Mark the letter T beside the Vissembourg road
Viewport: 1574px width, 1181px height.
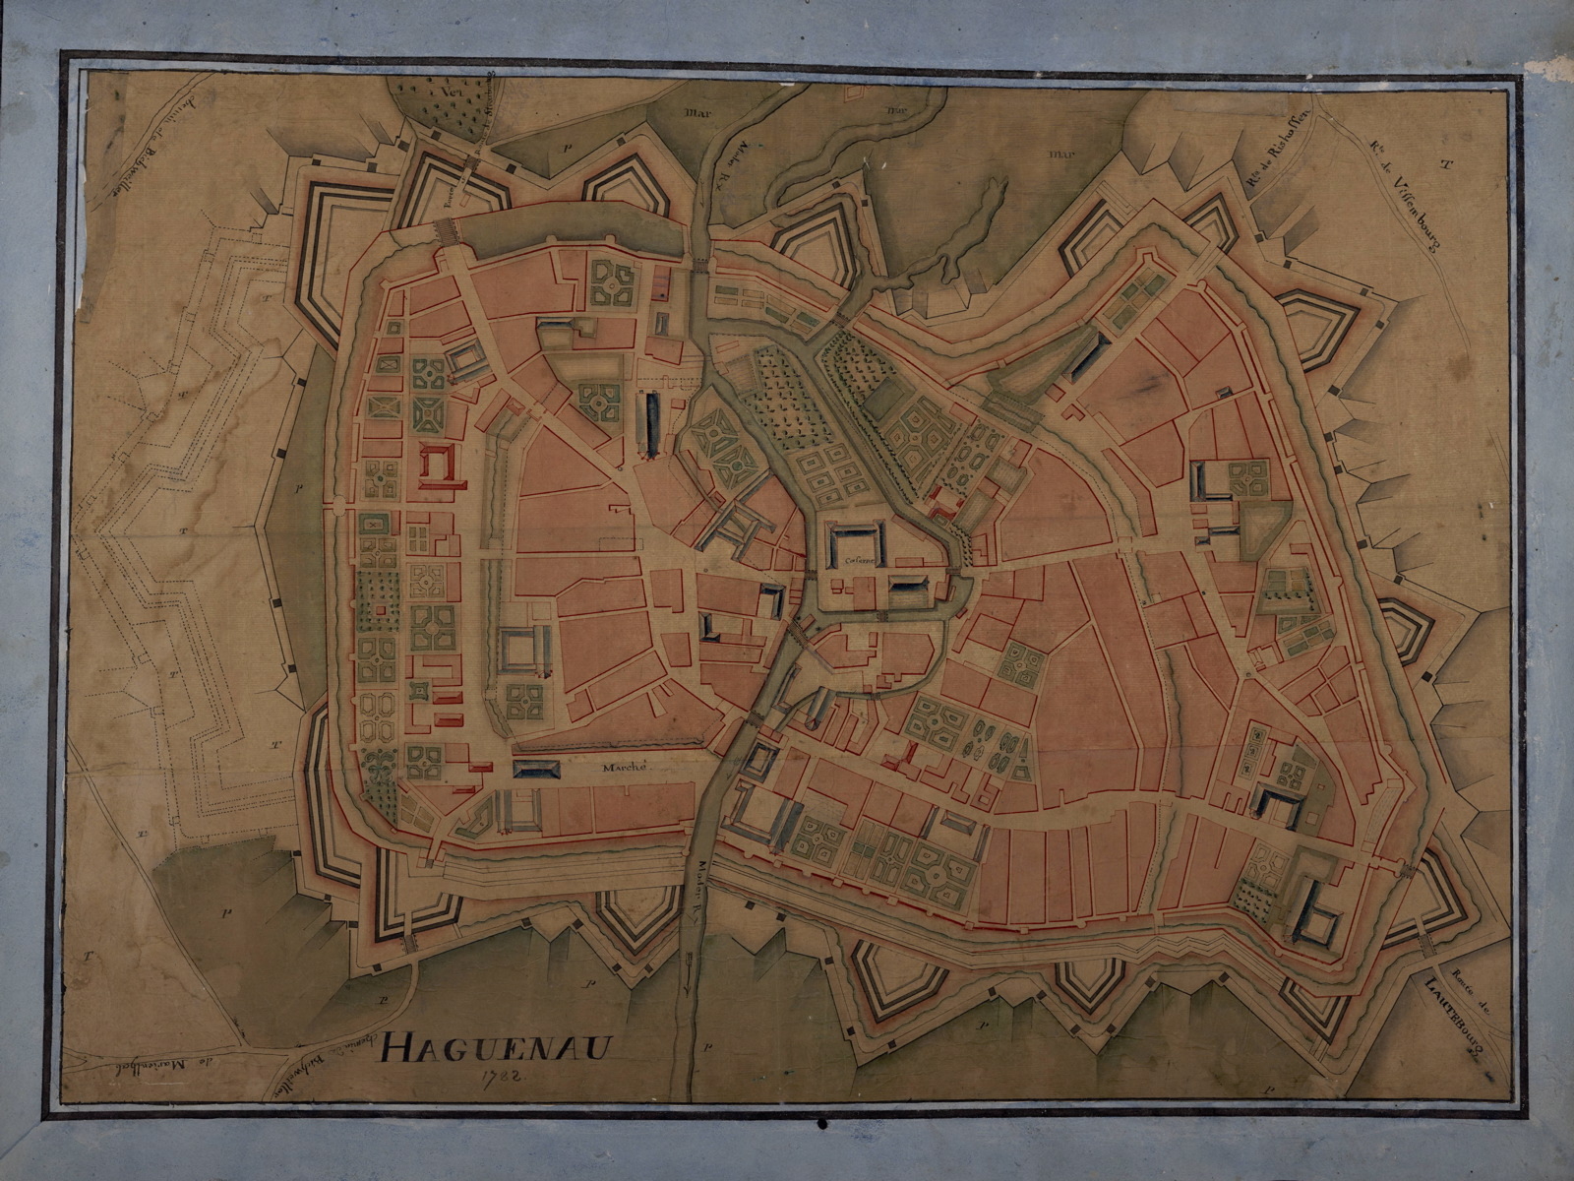pyautogui.click(x=1445, y=165)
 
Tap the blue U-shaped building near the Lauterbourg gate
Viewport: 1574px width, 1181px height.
pyautogui.click(x=1315, y=919)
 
